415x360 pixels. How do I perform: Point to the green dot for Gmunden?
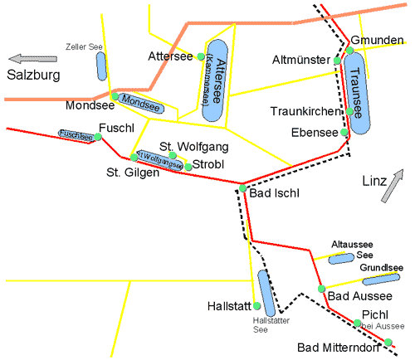(x=350, y=51)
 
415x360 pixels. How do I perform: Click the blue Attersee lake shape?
(x=217, y=81)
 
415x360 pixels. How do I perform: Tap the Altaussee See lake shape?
(x=341, y=259)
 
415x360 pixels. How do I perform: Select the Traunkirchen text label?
(x=305, y=110)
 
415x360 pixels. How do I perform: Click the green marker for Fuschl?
(x=98, y=138)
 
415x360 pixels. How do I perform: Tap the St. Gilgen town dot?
(x=133, y=157)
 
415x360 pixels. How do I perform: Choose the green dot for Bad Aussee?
(x=322, y=289)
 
